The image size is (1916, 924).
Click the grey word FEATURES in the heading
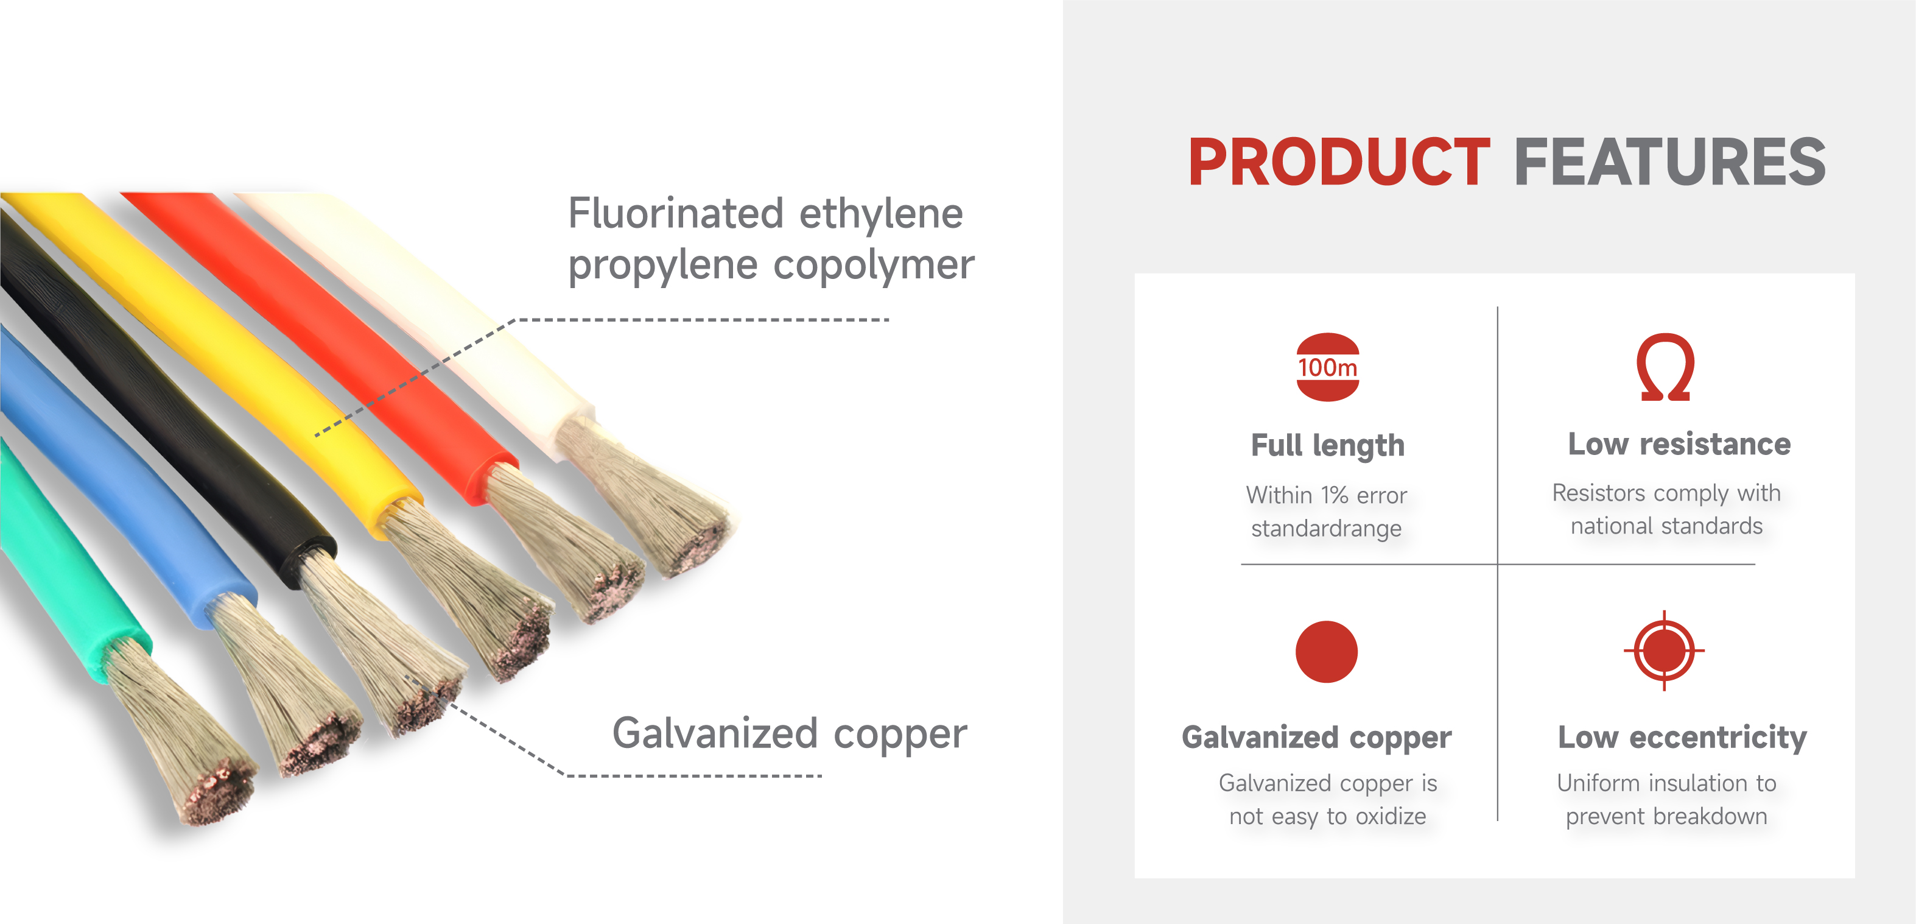pos(1670,161)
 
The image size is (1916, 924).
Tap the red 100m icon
pos(1328,367)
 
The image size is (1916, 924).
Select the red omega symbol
pos(1665,367)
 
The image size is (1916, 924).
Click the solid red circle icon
pos(1326,651)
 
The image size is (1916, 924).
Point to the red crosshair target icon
pos(1664,651)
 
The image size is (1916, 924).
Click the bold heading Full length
pos(1328,446)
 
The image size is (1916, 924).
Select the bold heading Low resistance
pos(1679,443)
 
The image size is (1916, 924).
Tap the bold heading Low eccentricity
pos(1682,737)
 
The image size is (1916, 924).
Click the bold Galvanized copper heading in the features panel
pos(1316,737)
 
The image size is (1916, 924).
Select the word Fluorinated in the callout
pos(676,214)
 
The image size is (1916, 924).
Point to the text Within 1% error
pos(1326,495)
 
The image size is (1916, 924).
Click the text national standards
pos(1666,526)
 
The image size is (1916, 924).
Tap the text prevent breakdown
pos(1666,816)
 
